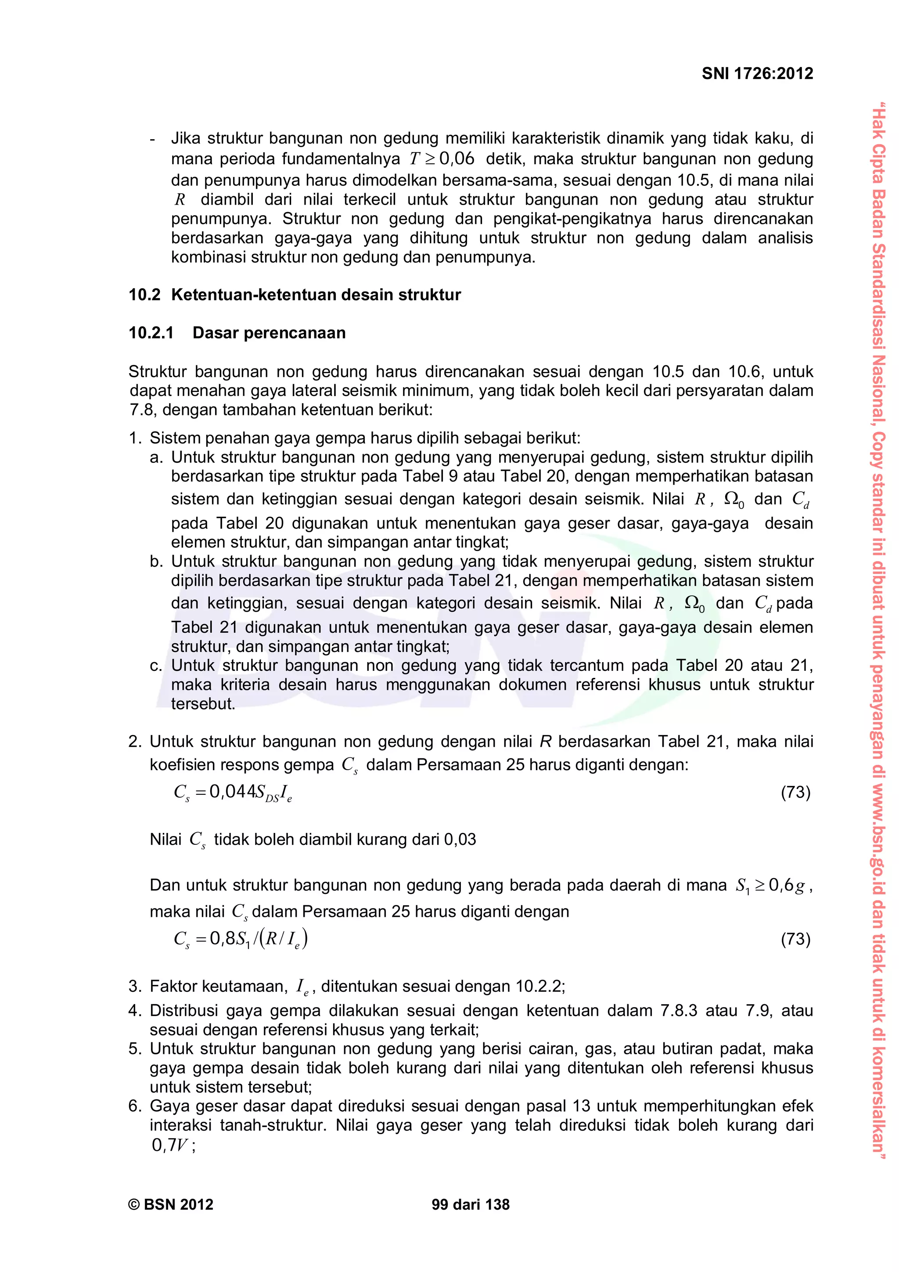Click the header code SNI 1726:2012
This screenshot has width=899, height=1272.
tap(757, 74)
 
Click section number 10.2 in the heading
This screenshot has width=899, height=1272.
tap(144, 295)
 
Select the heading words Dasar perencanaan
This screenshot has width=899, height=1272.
tap(269, 333)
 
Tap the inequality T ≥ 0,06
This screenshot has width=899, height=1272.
tap(442, 159)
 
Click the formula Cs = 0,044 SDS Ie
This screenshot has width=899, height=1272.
tap(233, 793)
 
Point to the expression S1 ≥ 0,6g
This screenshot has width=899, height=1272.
tap(770, 886)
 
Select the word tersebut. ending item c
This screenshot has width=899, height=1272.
tap(203, 704)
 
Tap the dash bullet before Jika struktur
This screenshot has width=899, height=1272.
tap(153, 138)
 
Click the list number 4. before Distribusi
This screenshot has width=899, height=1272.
tap(135, 1010)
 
